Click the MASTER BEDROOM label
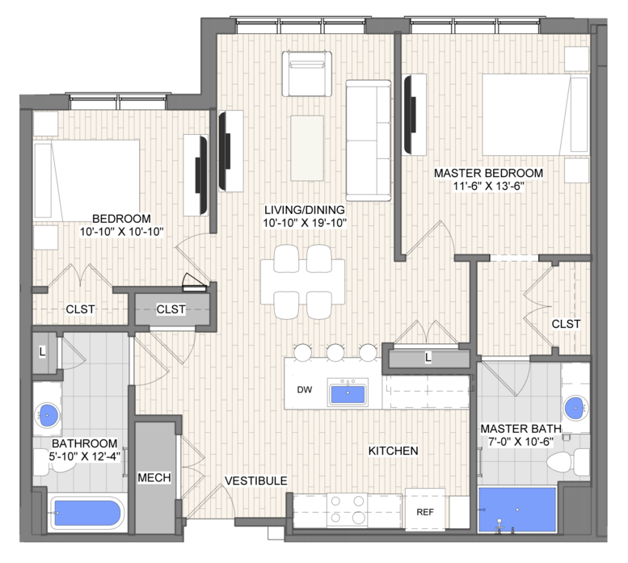coord(488,173)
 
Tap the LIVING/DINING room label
coord(305,210)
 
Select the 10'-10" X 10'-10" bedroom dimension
coord(122,231)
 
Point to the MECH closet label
coord(154,477)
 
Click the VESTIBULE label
coord(256,481)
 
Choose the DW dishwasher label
coord(305,390)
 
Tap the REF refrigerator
coord(425,510)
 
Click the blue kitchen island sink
coord(348,393)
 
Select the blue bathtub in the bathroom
coord(87,513)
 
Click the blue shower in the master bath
coord(517,510)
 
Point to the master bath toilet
coord(568,462)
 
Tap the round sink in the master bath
coord(575,408)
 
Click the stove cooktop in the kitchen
coord(348,510)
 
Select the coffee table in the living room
coord(307,148)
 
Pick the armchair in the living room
coord(307,74)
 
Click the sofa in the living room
coord(368,141)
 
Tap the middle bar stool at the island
coord(335,352)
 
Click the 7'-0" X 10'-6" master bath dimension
coord(521,442)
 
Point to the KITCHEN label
coord(393,451)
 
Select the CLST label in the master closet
coord(566,324)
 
